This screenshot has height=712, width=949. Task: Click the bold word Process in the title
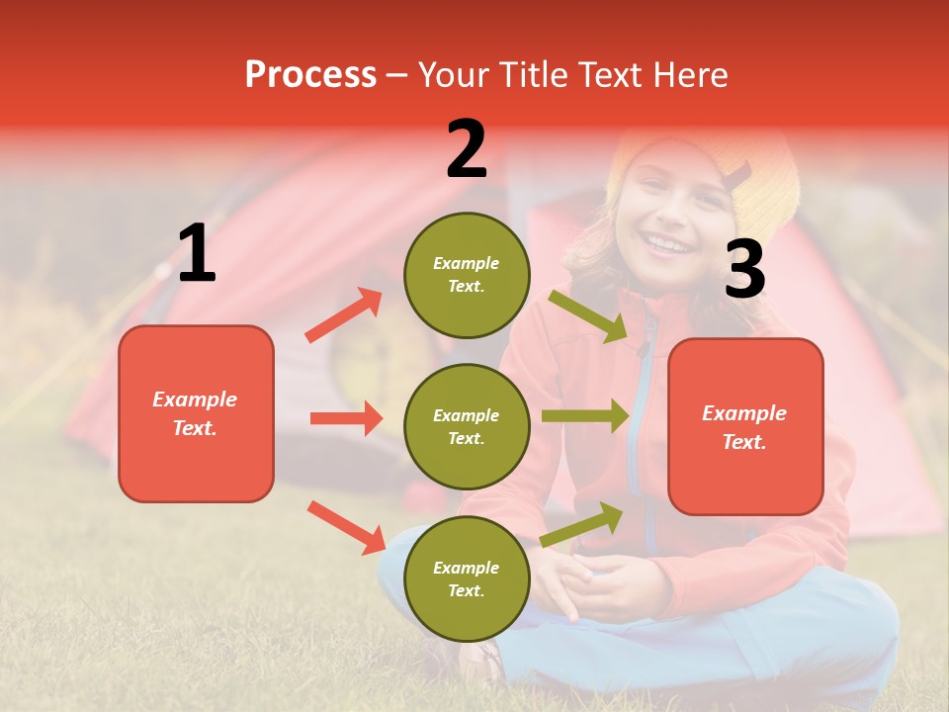[310, 74]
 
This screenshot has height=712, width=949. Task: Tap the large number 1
[197, 254]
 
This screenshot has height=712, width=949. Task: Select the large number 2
[467, 149]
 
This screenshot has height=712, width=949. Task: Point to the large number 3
[744, 270]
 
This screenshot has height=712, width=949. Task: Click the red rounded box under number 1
[196, 413]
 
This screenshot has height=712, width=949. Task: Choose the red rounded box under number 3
[745, 426]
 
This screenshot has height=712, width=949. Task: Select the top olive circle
[467, 275]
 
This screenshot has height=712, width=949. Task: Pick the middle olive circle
[467, 426]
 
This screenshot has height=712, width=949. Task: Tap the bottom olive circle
[467, 578]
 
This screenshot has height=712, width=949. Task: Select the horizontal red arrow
[346, 418]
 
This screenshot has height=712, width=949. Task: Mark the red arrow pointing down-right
[346, 527]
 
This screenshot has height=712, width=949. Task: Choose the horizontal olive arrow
[584, 416]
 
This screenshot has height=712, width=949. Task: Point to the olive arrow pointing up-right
[581, 525]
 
